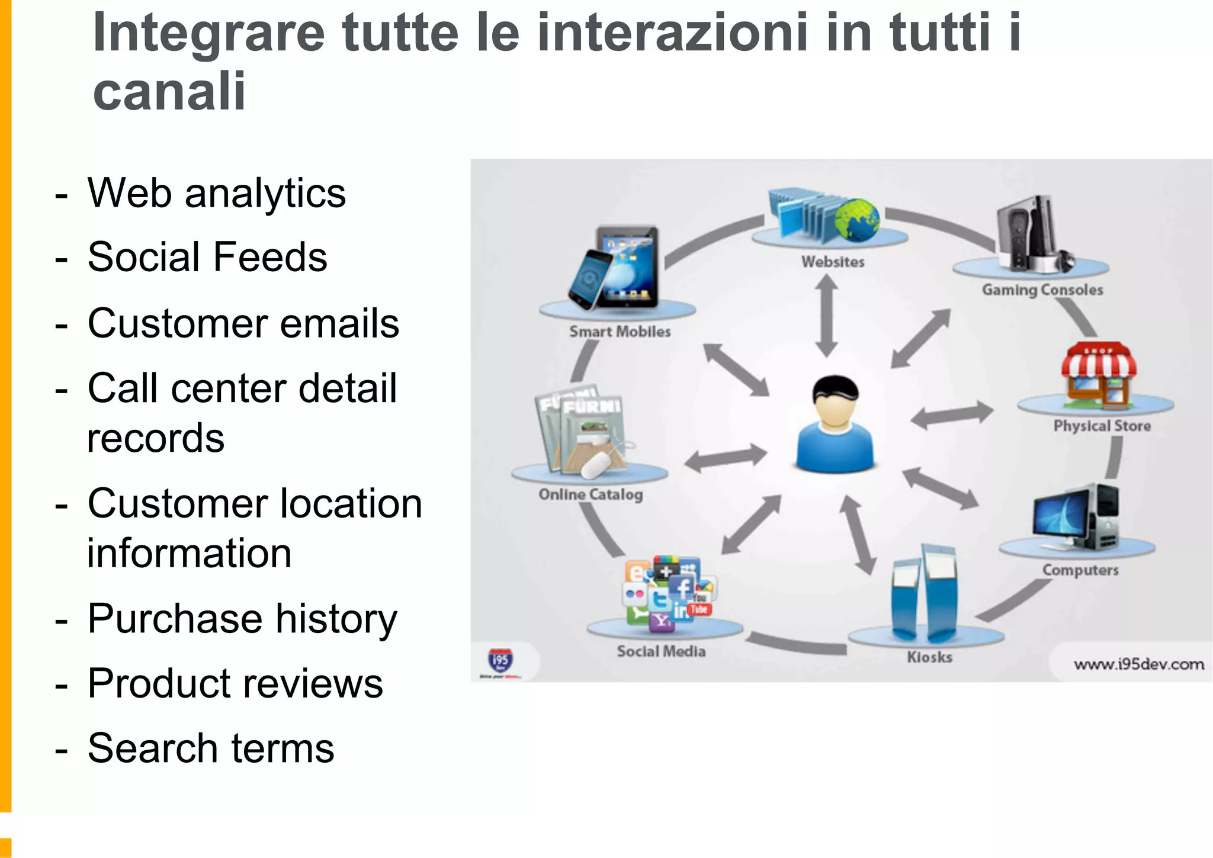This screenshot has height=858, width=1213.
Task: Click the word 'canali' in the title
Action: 169,91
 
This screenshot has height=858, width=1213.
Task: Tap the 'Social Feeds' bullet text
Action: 207,257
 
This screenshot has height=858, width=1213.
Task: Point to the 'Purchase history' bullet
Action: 242,619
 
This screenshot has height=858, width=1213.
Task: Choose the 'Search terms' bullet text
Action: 210,748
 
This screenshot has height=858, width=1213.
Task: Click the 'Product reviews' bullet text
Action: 235,683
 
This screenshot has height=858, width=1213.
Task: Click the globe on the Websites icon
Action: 856,220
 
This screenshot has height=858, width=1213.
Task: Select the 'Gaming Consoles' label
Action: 1042,290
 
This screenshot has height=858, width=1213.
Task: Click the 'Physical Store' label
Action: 1102,426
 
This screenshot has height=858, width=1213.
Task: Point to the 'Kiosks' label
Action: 929,657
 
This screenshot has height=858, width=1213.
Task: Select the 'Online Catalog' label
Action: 591,494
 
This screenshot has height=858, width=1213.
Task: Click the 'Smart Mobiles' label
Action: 620,332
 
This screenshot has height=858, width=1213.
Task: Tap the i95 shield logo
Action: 500,660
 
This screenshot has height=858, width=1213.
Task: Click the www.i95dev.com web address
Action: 1138,664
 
